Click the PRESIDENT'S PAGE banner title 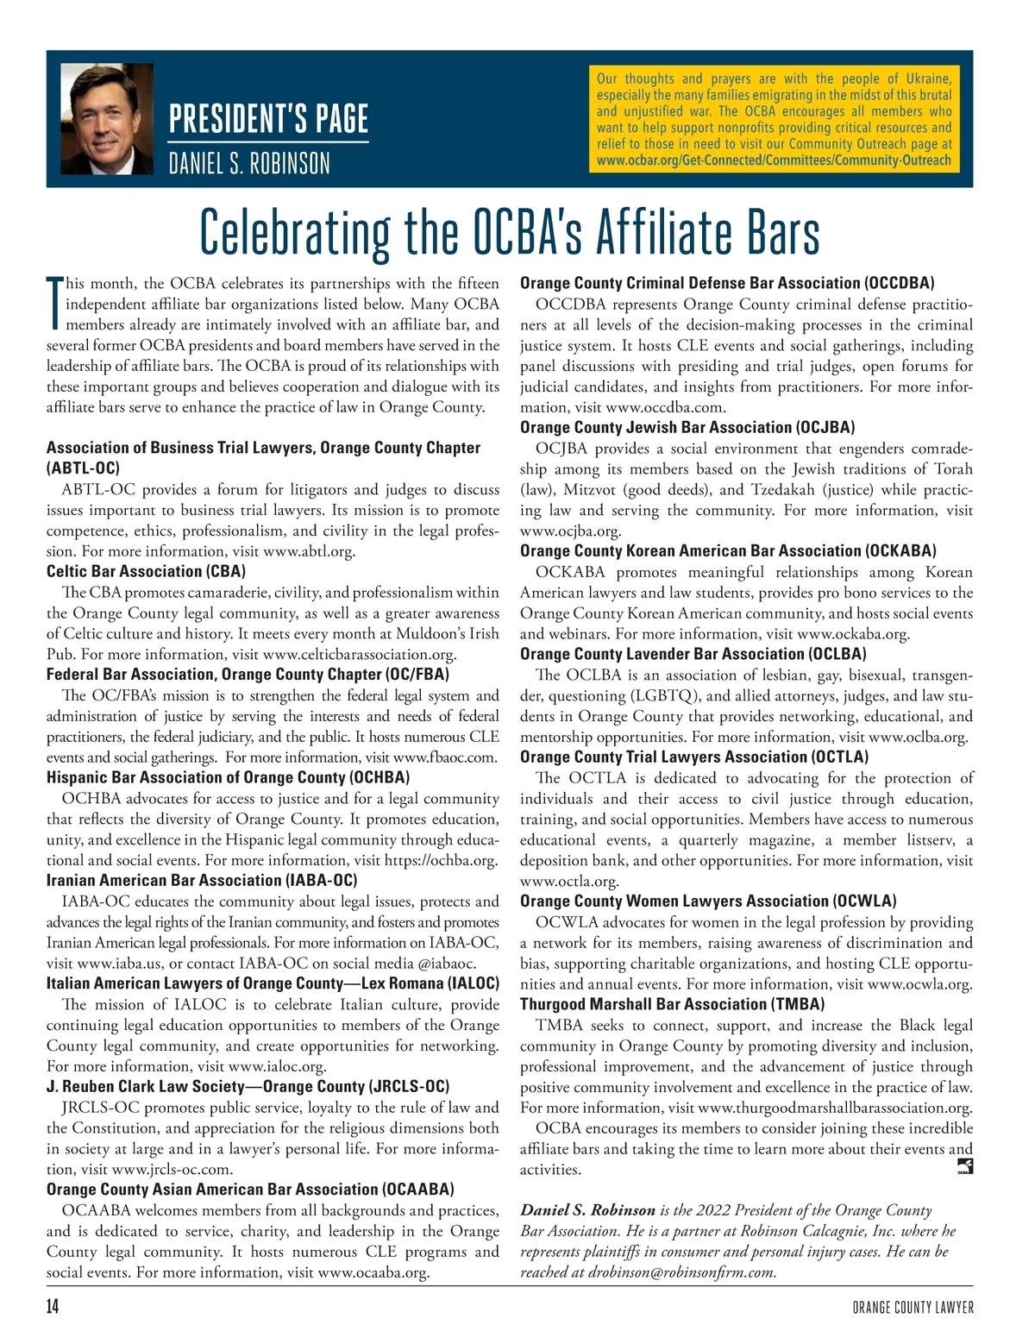[268, 119]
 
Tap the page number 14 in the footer [53, 1308]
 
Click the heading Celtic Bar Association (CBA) [146, 572]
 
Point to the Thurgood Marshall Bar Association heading [672, 1005]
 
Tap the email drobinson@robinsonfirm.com [681, 1272]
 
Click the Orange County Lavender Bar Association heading [693, 655]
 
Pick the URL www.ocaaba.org [373, 1272]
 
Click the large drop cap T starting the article [54, 304]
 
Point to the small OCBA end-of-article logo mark [965, 1168]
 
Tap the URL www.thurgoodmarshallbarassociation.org [834, 1108]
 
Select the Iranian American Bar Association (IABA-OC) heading [202, 881]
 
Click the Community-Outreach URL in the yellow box [774, 160]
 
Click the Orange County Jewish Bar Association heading [687, 428]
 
